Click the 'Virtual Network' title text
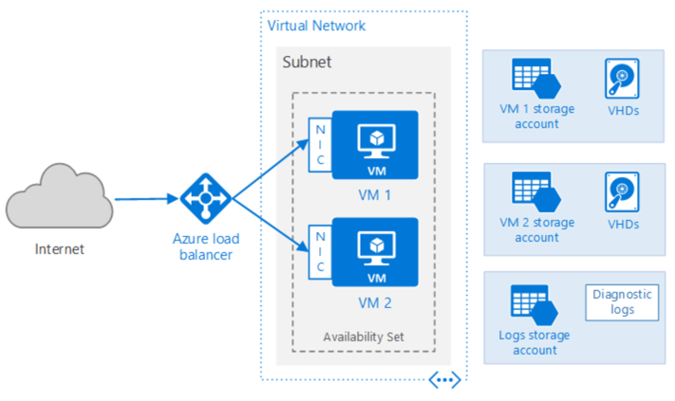click(316, 25)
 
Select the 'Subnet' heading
click(307, 63)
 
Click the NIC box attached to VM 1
click(319, 145)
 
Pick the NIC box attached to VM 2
click(319, 252)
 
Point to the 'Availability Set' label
click(364, 337)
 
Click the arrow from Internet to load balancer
click(146, 200)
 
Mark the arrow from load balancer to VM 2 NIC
click(271, 226)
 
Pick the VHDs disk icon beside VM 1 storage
click(622, 79)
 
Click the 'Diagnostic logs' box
click(622, 301)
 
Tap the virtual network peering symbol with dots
click(444, 380)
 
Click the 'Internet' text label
click(59, 250)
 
